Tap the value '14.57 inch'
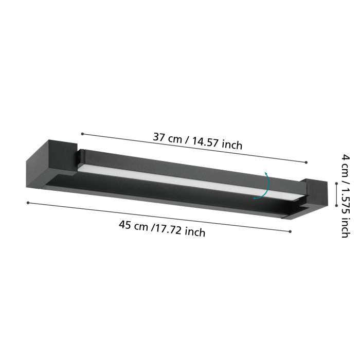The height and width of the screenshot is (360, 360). (x=217, y=143)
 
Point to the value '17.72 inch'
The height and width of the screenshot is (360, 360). (x=181, y=230)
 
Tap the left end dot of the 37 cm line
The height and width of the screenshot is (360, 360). (x=82, y=134)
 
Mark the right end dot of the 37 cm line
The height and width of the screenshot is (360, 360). (x=306, y=163)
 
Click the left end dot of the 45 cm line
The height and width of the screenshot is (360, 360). (x=28, y=203)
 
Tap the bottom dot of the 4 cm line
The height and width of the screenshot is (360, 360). (x=336, y=204)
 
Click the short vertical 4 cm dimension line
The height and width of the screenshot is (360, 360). (x=336, y=194)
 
